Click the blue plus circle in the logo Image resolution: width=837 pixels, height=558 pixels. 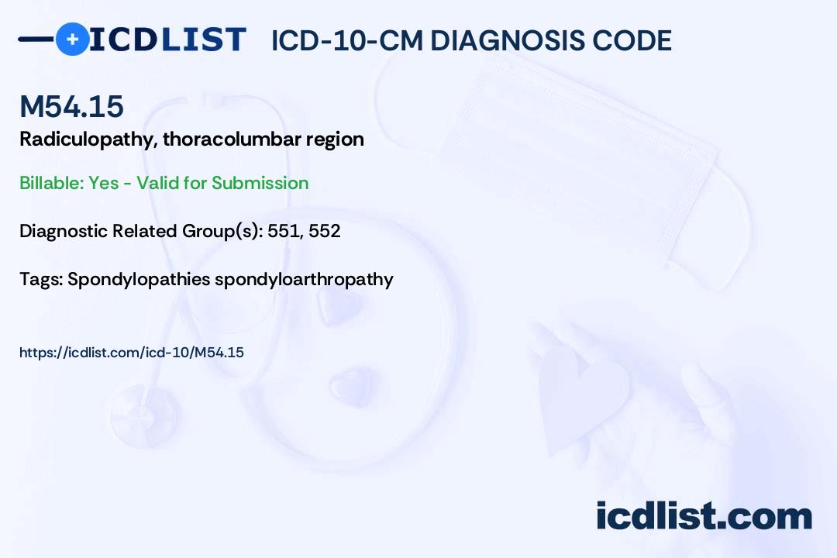(72, 39)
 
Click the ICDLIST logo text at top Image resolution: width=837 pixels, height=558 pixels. (167, 39)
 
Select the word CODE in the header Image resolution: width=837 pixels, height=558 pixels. (635, 40)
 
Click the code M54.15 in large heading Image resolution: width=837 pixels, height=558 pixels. (71, 107)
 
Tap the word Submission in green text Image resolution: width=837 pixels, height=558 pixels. (260, 183)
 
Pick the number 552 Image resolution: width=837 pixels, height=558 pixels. (325, 231)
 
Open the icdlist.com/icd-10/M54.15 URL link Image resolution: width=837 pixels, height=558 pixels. (132, 353)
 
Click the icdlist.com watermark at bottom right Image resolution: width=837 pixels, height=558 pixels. (704, 516)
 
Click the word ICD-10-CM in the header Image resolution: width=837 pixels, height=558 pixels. (346, 40)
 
